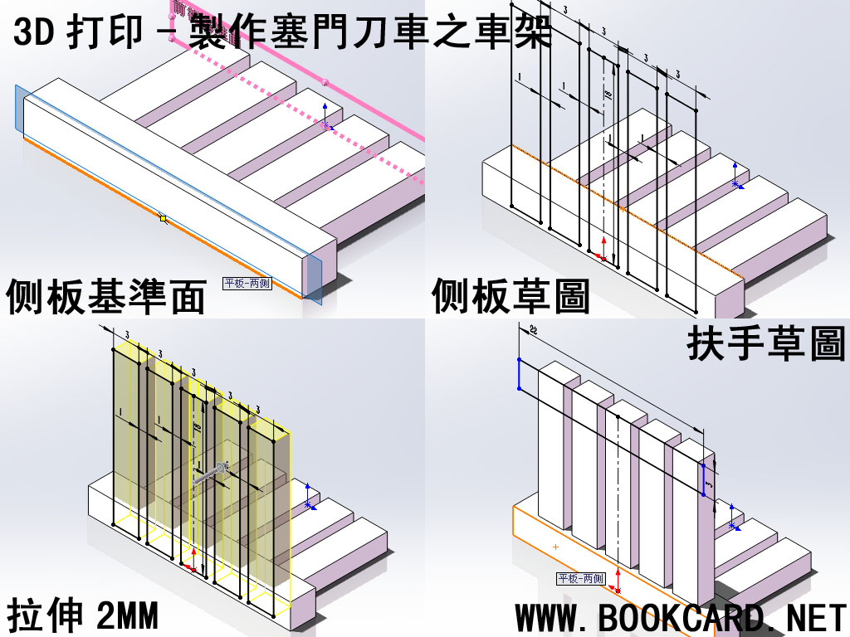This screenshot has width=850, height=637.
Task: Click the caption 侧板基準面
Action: coord(105,298)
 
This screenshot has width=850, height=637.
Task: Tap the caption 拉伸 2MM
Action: coord(82,617)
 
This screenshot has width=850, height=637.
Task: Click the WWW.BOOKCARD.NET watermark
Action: coord(681,618)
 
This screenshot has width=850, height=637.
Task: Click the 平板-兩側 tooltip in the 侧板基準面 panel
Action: coord(247,284)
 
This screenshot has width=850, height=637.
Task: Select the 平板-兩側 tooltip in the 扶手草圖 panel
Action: coord(581,579)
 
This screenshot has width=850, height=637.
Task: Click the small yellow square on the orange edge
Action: coord(164,219)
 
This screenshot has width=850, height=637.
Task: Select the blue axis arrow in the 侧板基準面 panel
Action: coord(325,116)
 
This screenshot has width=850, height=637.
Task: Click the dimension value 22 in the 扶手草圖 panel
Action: coord(532,330)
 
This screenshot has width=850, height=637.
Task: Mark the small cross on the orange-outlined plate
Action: coord(555,546)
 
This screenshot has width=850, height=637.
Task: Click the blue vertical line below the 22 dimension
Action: coord(519,374)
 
